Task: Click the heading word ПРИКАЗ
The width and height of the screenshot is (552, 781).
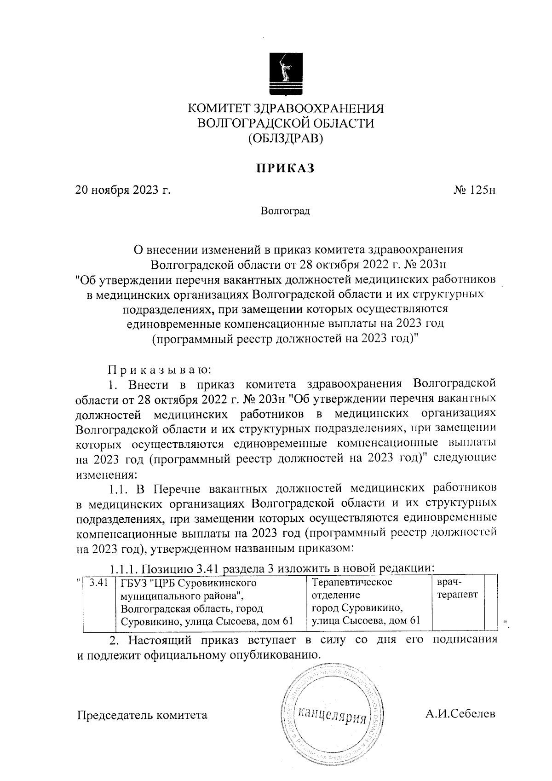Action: pyautogui.click(x=285, y=168)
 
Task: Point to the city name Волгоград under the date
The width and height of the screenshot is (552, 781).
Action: pyautogui.click(x=285, y=211)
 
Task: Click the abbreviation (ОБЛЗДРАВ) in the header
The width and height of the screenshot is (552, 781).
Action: pyautogui.click(x=285, y=138)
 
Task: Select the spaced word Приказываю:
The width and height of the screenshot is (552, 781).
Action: pyautogui.click(x=159, y=369)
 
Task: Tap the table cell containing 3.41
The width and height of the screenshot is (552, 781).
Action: pyautogui.click(x=98, y=583)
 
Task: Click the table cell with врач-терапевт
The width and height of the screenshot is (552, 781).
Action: pyautogui.click(x=457, y=588)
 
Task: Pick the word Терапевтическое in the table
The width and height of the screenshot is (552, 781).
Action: pyautogui.click(x=352, y=583)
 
